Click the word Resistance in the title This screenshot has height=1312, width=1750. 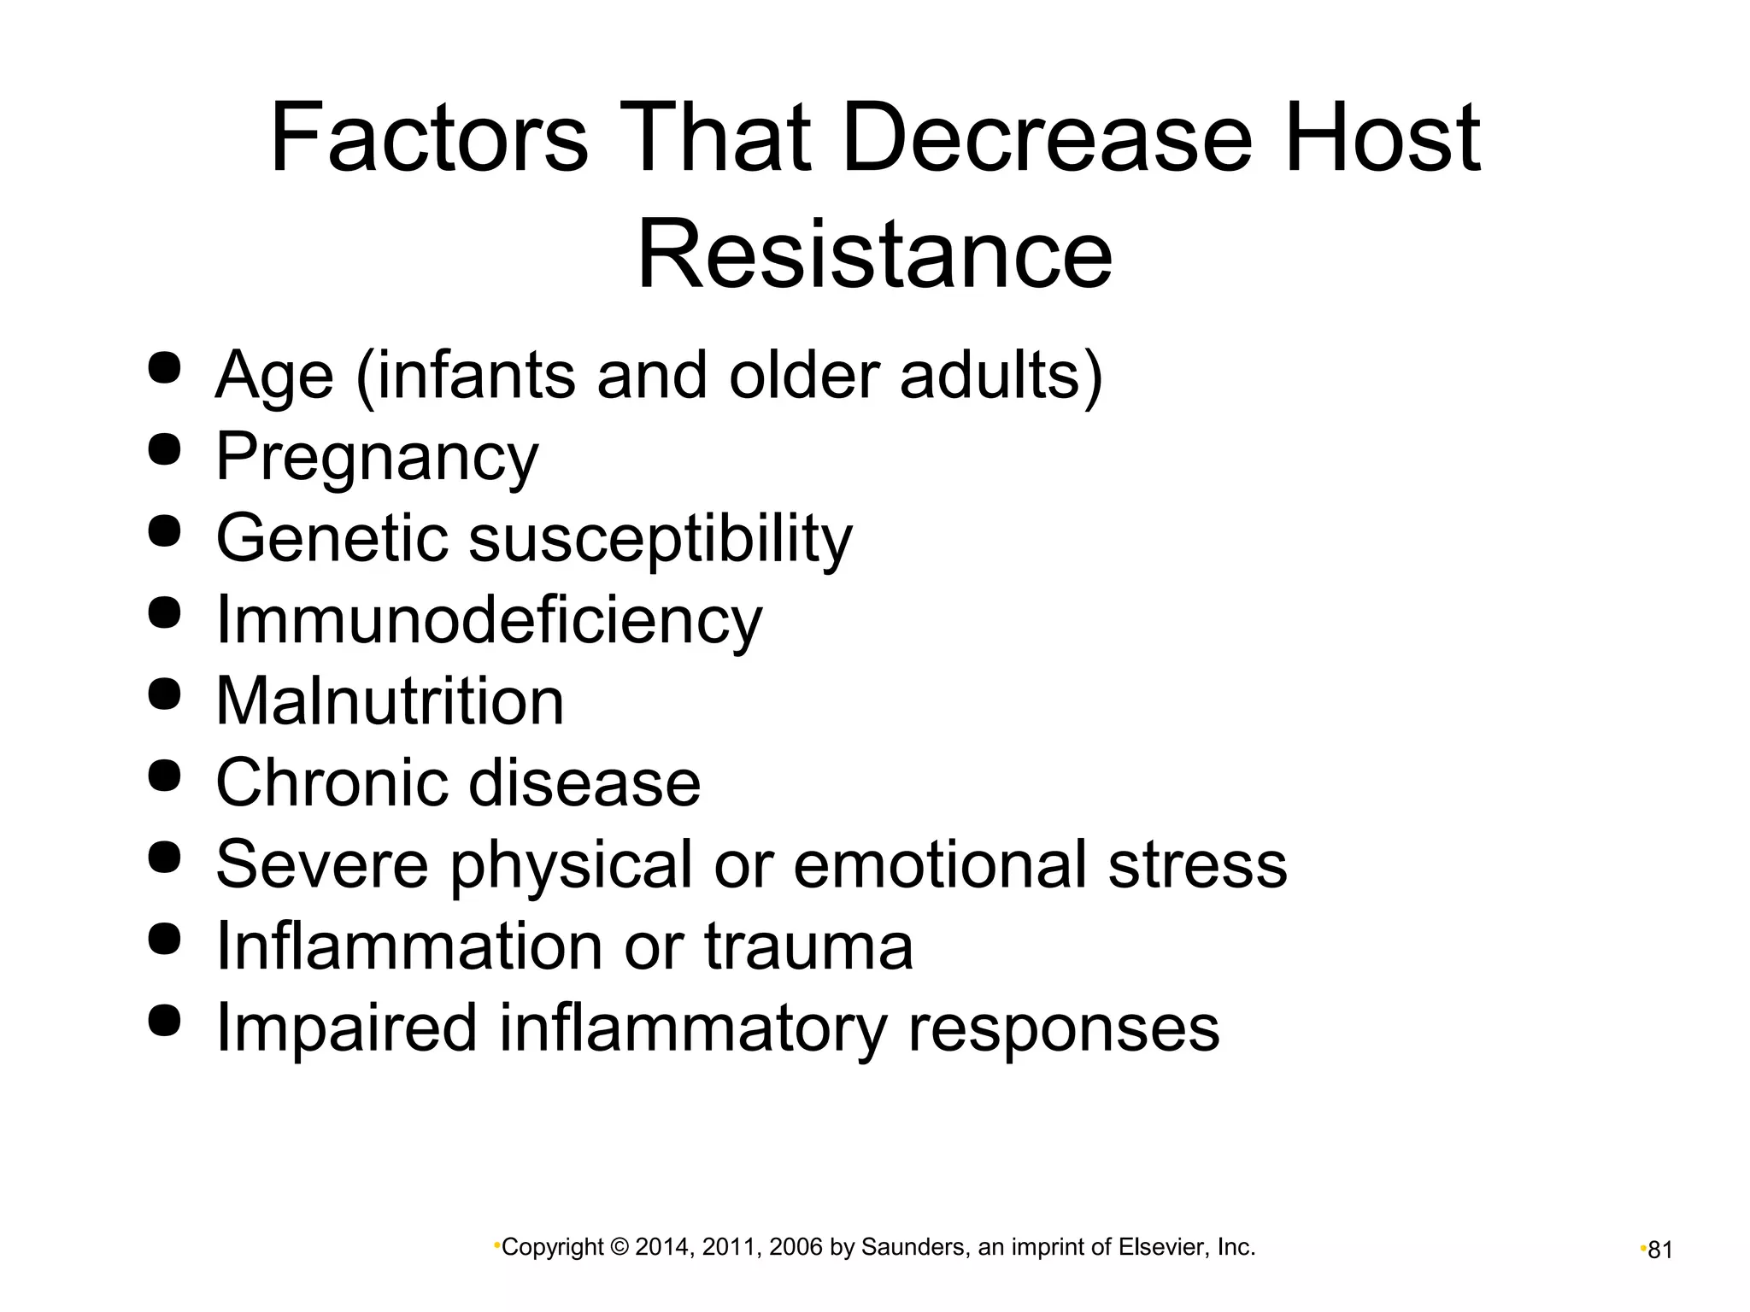pos(874,254)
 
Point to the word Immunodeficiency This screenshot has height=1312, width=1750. pos(488,619)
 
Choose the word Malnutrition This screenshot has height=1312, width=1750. pos(390,701)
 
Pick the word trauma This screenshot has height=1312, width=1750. pos(808,946)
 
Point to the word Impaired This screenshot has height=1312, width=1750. pos(345,1028)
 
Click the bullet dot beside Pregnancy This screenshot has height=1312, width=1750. pos(164,449)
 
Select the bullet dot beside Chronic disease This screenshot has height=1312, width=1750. pos(164,776)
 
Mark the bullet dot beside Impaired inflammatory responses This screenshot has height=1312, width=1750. pos(164,1020)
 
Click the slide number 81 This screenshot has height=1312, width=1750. pos(1659,1250)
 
